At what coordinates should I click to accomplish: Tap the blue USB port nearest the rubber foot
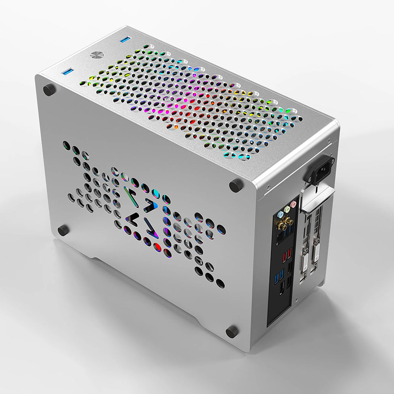(67, 71)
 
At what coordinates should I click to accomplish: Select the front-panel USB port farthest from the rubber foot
(125, 39)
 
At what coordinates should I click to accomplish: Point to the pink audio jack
(293, 204)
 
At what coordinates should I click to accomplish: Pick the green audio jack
(287, 209)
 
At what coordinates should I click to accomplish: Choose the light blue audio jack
(280, 214)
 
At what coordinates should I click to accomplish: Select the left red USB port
(284, 257)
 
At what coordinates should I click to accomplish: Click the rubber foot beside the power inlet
(236, 185)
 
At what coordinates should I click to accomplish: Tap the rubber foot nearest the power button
(49, 90)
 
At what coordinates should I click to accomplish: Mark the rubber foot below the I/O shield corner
(232, 332)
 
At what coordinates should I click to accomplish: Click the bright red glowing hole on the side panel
(157, 247)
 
